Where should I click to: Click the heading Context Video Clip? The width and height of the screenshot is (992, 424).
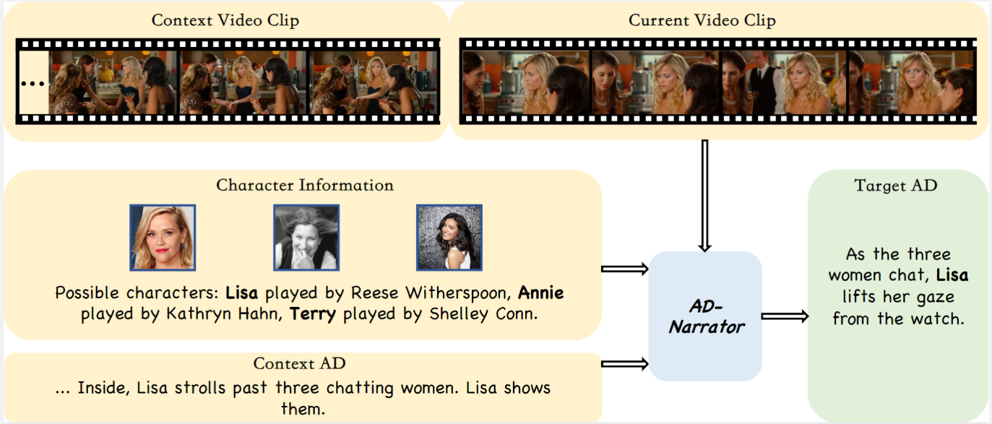225,20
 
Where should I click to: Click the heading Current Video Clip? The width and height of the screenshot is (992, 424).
702,20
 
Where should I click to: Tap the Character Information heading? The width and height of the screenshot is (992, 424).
304,186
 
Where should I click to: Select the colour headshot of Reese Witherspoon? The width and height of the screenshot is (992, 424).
163,238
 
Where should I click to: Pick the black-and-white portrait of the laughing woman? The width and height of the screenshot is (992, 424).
306,238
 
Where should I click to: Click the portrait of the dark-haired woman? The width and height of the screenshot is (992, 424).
449,238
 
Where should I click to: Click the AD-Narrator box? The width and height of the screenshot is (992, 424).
705,316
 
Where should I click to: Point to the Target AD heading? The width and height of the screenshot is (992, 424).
895,186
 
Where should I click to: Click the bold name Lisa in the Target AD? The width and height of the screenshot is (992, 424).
952,275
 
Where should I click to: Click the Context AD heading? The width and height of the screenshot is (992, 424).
304,364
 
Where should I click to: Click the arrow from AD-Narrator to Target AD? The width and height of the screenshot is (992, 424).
784,316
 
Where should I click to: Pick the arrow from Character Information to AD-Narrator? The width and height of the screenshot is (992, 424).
625,269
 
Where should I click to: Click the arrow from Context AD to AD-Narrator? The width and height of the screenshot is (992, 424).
625,363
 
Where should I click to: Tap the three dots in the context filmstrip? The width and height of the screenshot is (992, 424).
33,83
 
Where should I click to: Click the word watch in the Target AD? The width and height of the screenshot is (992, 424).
939,319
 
